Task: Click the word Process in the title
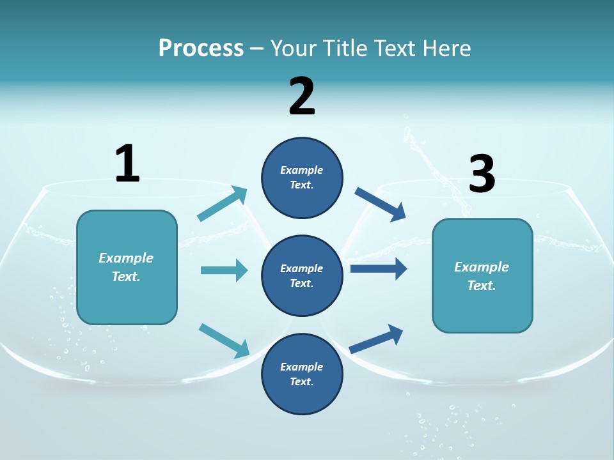click(201, 49)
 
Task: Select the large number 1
click(127, 164)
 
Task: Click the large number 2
click(302, 96)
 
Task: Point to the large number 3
click(482, 174)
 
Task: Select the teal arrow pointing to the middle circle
click(224, 270)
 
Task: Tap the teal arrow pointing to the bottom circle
click(224, 340)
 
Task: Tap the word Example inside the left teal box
click(126, 258)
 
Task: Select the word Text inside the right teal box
click(482, 286)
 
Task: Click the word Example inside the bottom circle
click(302, 367)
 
